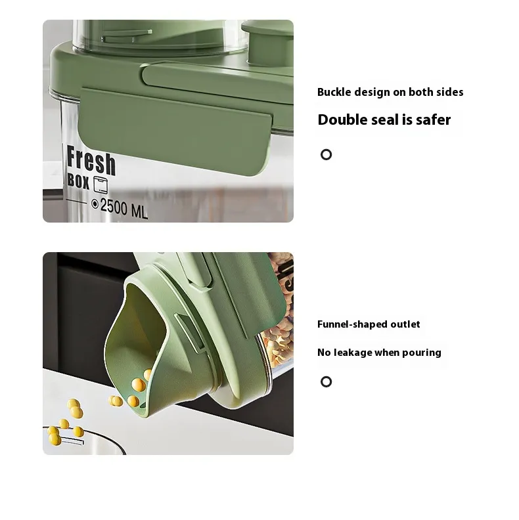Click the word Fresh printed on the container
tap(91, 161)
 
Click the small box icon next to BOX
tap(101, 184)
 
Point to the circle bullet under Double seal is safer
tap(327, 154)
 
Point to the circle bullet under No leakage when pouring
tap(327, 381)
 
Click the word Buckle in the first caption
tap(334, 92)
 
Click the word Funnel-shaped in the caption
tap(352, 324)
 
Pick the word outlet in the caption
tap(405, 324)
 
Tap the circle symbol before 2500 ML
tap(95, 204)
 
